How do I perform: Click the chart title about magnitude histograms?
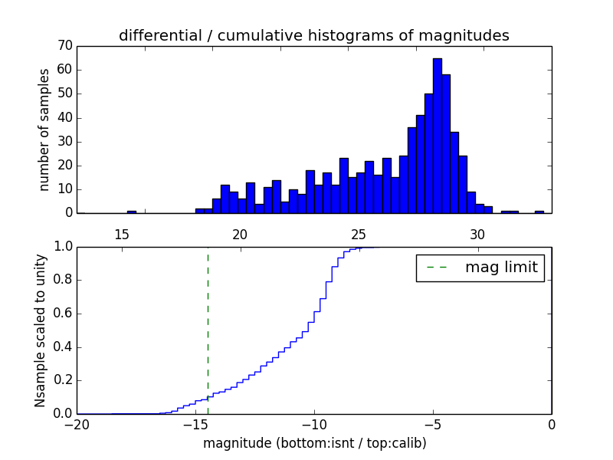tap(313, 35)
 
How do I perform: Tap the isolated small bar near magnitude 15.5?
tap(132, 212)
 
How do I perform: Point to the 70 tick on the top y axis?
tap(65, 46)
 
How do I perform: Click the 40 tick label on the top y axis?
tap(65, 117)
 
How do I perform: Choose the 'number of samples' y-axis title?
tap(44, 129)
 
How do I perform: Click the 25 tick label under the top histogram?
tap(358, 234)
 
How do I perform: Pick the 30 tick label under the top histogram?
tap(477, 234)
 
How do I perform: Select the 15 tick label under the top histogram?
tap(121, 234)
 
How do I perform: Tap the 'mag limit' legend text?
tap(501, 268)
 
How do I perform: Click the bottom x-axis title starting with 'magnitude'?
tap(314, 444)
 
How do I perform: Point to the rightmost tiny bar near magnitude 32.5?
tap(539, 212)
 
